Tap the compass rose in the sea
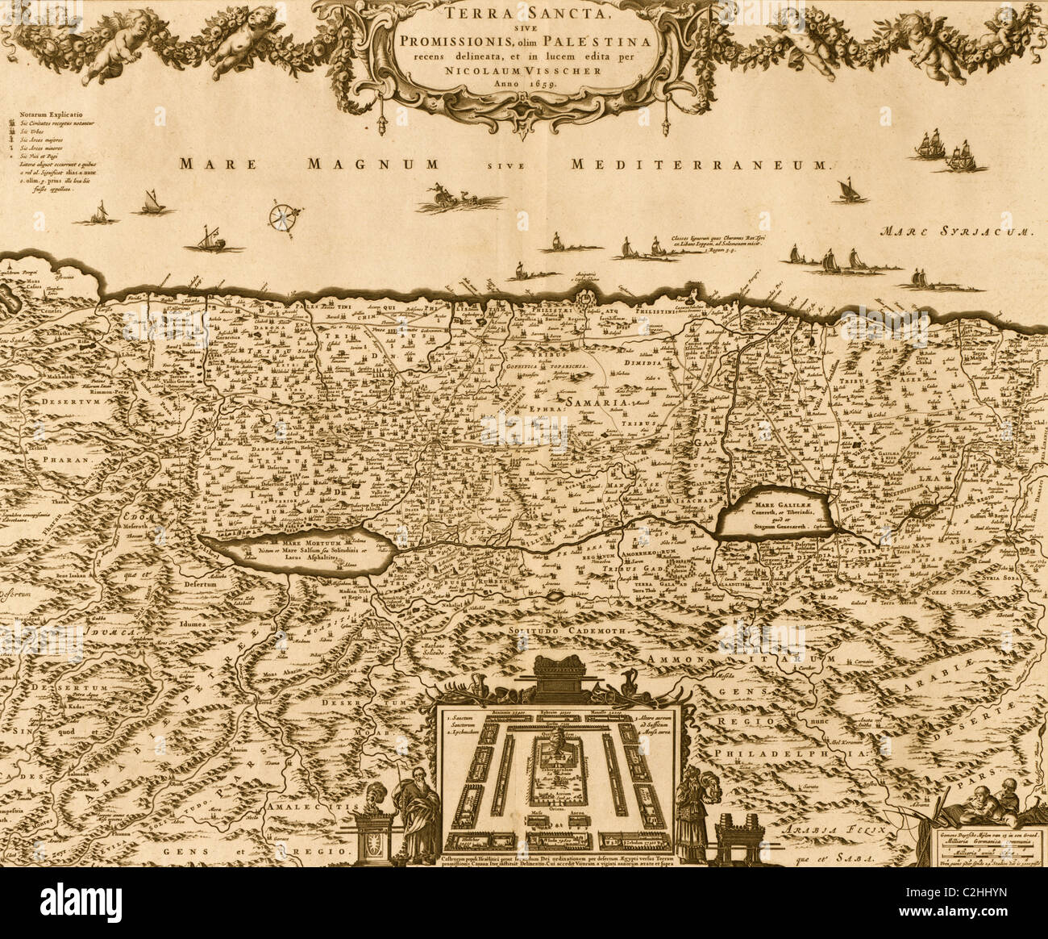coord(285,215)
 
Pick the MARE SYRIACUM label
coord(956,231)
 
